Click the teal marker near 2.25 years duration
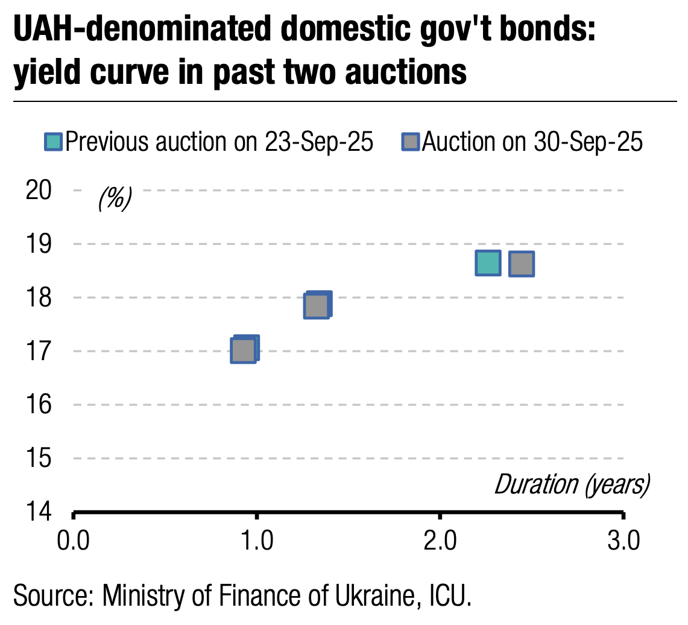coord(488,263)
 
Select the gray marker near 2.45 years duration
coord(522,264)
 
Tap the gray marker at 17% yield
coord(243,351)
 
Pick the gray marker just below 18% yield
coord(317,306)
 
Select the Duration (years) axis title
coord(572,484)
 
